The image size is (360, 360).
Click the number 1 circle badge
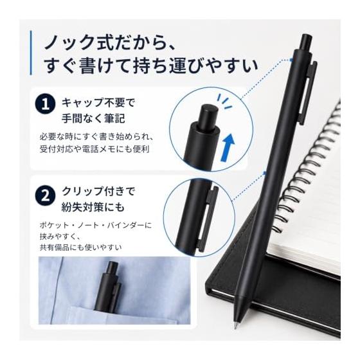[x=45, y=104]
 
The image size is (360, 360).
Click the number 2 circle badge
[x=45, y=196]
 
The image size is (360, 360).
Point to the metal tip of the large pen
[x=236, y=325]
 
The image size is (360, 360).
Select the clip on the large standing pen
[x=309, y=93]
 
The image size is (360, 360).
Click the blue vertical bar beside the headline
[x=31, y=53]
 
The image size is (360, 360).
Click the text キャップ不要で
[x=98, y=102]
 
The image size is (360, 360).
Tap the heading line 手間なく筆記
[x=93, y=118]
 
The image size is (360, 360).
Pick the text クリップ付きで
[x=98, y=192]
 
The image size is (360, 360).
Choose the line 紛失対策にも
[x=93, y=207]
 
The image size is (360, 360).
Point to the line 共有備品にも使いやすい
[x=80, y=248]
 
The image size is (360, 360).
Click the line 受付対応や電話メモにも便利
[x=94, y=149]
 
